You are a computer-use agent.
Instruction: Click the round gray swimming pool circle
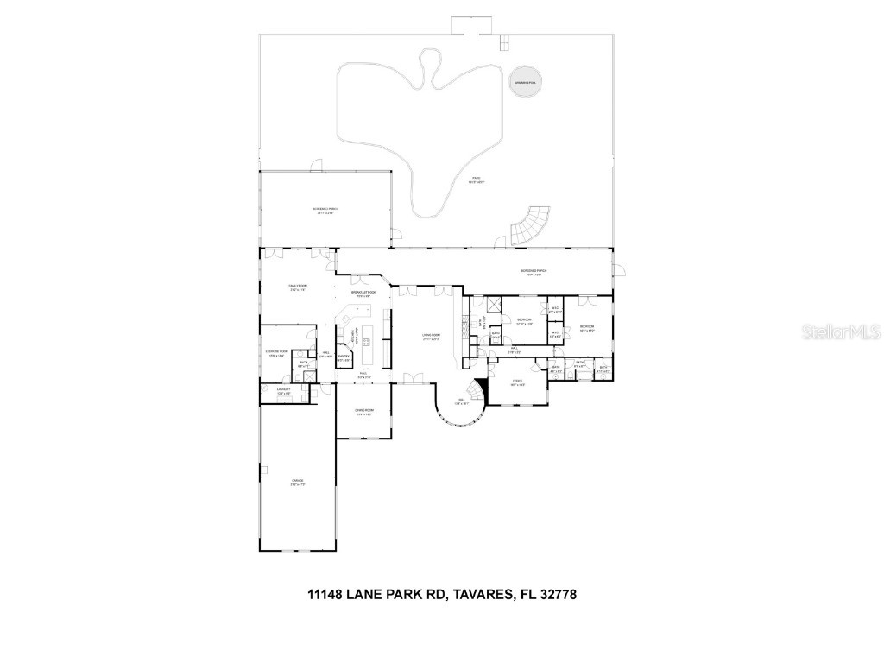coord(525,84)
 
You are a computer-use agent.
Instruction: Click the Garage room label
coord(297,483)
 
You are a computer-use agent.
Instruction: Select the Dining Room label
coord(364,412)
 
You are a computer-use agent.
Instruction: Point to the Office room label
coord(518,382)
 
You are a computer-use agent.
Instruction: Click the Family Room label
coord(297,287)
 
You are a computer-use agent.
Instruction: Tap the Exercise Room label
coord(276,355)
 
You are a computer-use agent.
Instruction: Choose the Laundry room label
coord(283,392)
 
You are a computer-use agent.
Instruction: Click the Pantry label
coord(343,357)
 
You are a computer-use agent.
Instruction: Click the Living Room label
coord(431,337)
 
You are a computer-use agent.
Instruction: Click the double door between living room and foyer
coord(416,378)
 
